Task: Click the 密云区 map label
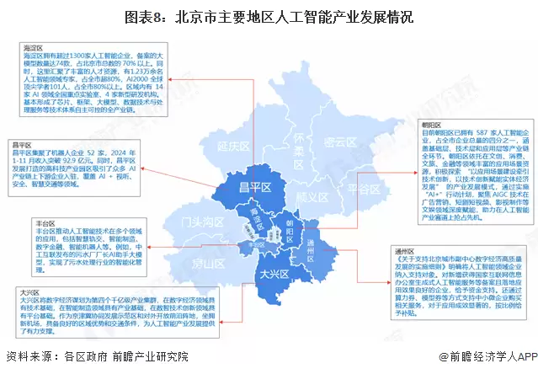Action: (x=342, y=142)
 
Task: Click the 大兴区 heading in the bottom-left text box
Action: (x=29, y=291)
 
